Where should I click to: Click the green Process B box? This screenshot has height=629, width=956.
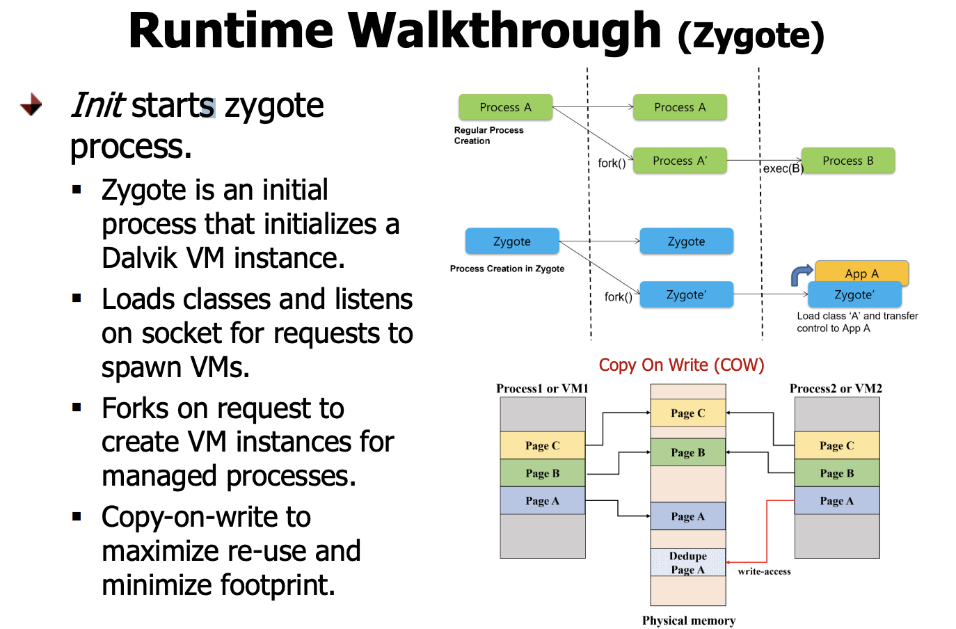847,161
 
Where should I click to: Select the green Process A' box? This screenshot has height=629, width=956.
680,161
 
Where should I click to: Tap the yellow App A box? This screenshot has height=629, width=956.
861,272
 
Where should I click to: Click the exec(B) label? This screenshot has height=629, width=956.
783,168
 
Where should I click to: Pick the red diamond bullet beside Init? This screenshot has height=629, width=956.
31,105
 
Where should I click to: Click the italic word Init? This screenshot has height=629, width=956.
97,106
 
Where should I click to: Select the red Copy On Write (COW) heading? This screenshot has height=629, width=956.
681,365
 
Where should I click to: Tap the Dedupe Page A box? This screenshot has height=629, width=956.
687,563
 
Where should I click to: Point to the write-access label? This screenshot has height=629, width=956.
764,571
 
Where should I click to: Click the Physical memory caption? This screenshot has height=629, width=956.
688,621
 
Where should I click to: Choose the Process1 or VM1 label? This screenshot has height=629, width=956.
542,388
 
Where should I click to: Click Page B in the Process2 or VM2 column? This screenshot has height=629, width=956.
836,473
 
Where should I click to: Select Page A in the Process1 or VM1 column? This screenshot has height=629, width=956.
542,501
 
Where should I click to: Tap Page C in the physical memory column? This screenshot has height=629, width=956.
687,413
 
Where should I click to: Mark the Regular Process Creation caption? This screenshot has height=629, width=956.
488,135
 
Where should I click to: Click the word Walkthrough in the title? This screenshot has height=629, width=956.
504,31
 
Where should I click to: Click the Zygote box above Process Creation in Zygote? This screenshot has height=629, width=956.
511,241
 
